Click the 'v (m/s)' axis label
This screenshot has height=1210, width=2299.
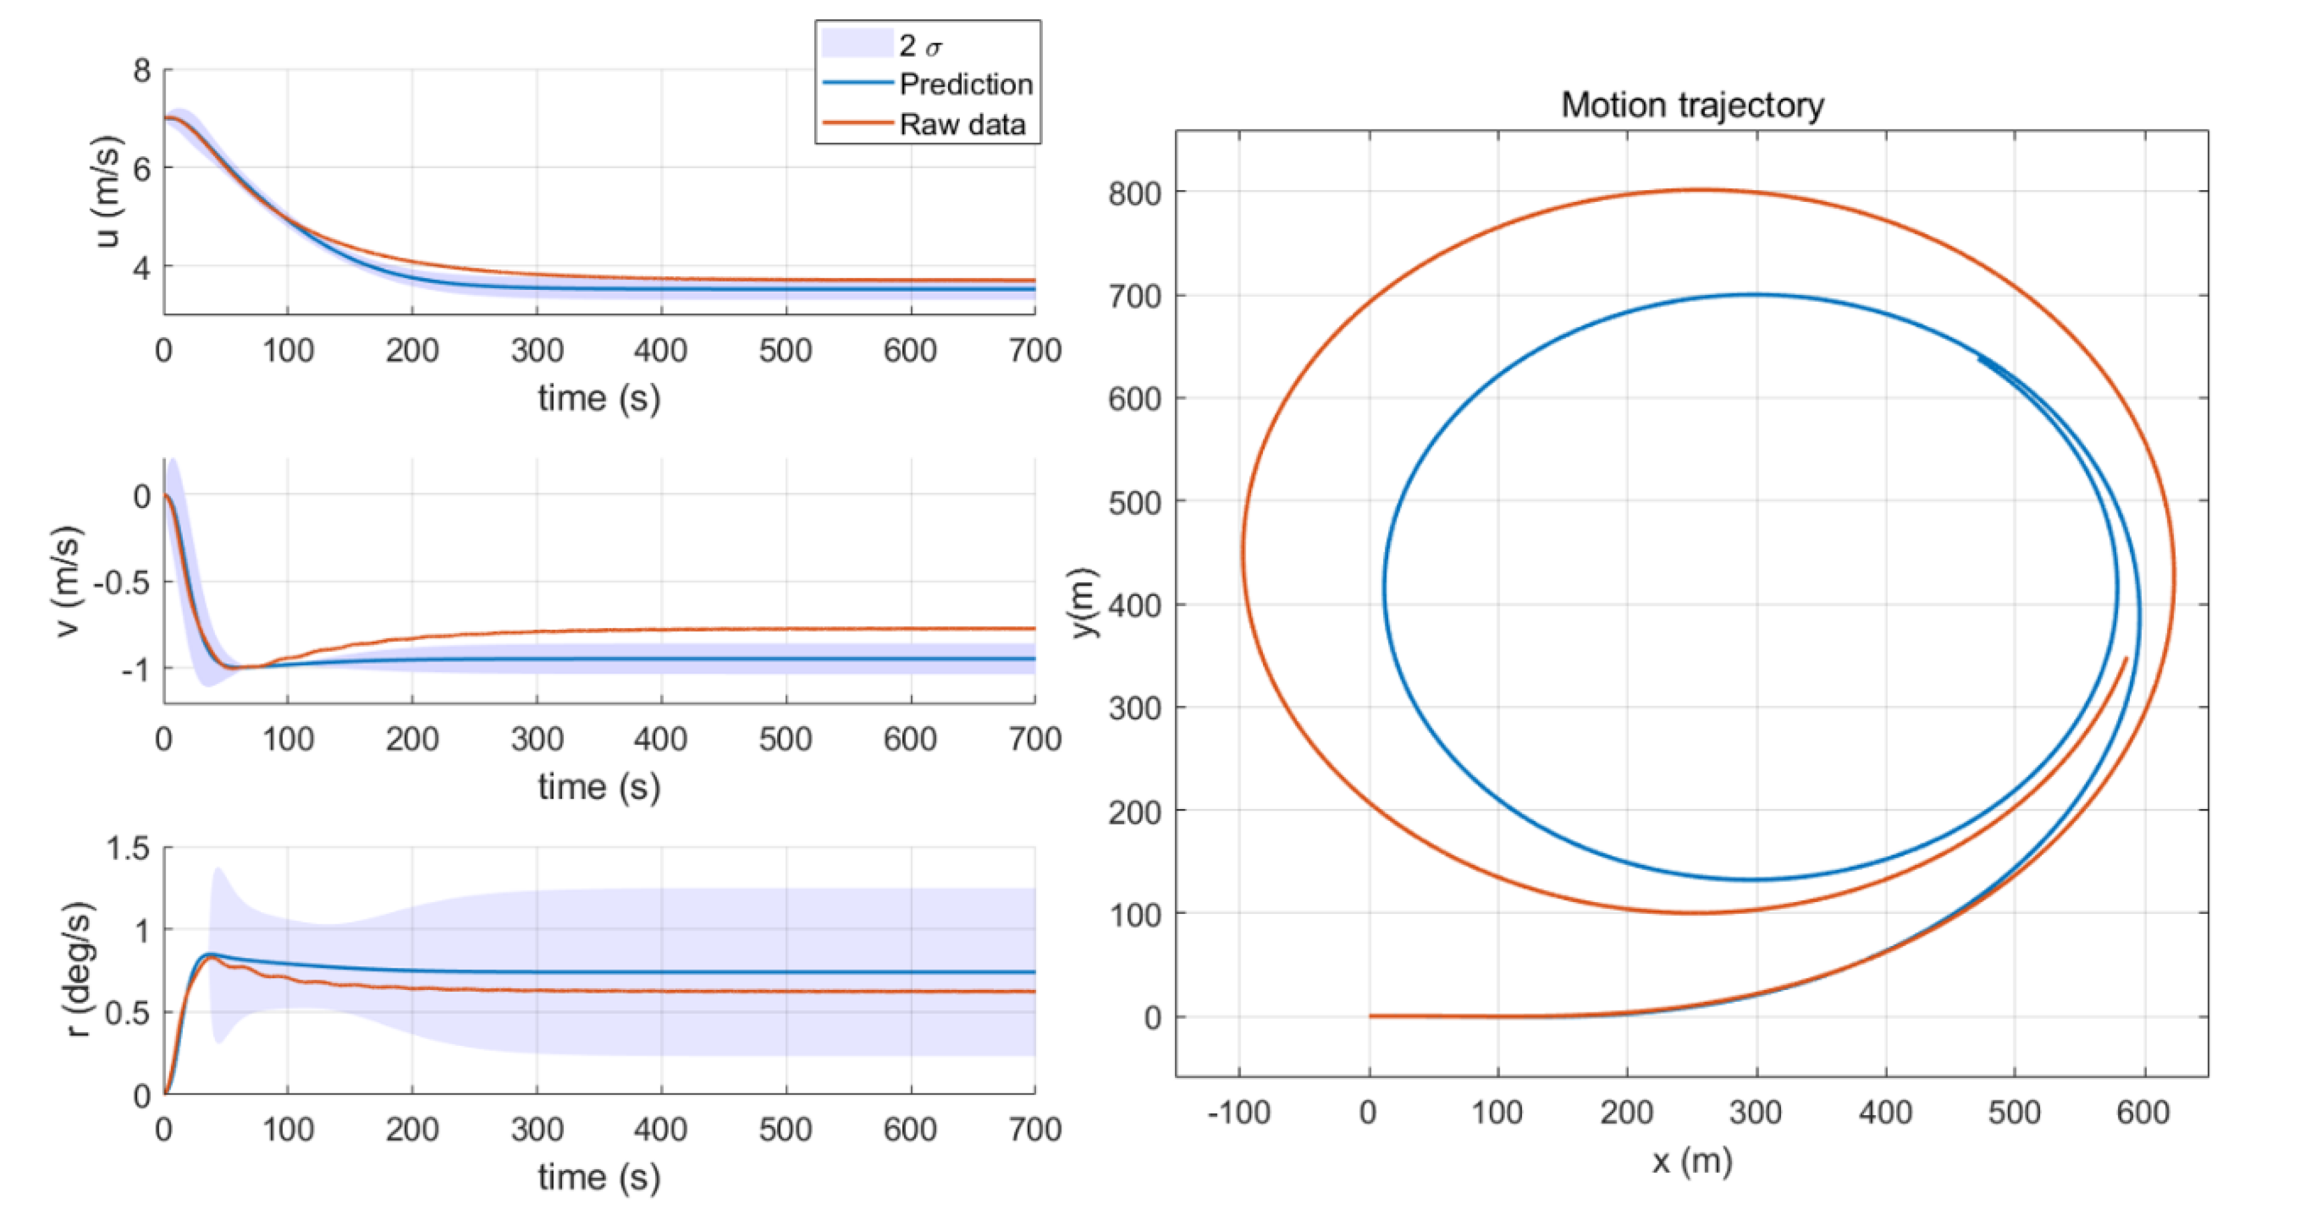68,581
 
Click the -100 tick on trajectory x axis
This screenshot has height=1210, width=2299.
1238,1113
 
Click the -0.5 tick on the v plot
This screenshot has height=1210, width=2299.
121,582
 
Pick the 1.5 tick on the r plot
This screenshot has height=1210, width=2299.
128,848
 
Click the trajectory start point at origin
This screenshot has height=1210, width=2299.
1370,1015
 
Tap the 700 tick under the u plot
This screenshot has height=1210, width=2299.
1034,350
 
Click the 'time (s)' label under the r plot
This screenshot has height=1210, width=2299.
599,1177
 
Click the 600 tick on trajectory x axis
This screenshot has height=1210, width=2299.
2142,1113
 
